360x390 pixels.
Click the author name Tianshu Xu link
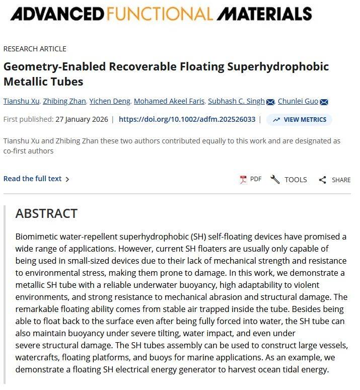click(x=21, y=101)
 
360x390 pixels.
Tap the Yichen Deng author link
click(x=110, y=101)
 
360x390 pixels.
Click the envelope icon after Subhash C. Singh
click(x=270, y=102)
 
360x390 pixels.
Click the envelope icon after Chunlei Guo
click(x=324, y=102)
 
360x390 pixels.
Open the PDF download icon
click(x=244, y=179)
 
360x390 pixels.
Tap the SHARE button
click(x=334, y=180)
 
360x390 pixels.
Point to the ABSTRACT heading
click(x=46, y=213)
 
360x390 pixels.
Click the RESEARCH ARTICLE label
click(x=35, y=49)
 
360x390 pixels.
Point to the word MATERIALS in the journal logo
click(x=264, y=14)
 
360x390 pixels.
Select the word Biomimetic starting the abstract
click(x=36, y=237)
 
